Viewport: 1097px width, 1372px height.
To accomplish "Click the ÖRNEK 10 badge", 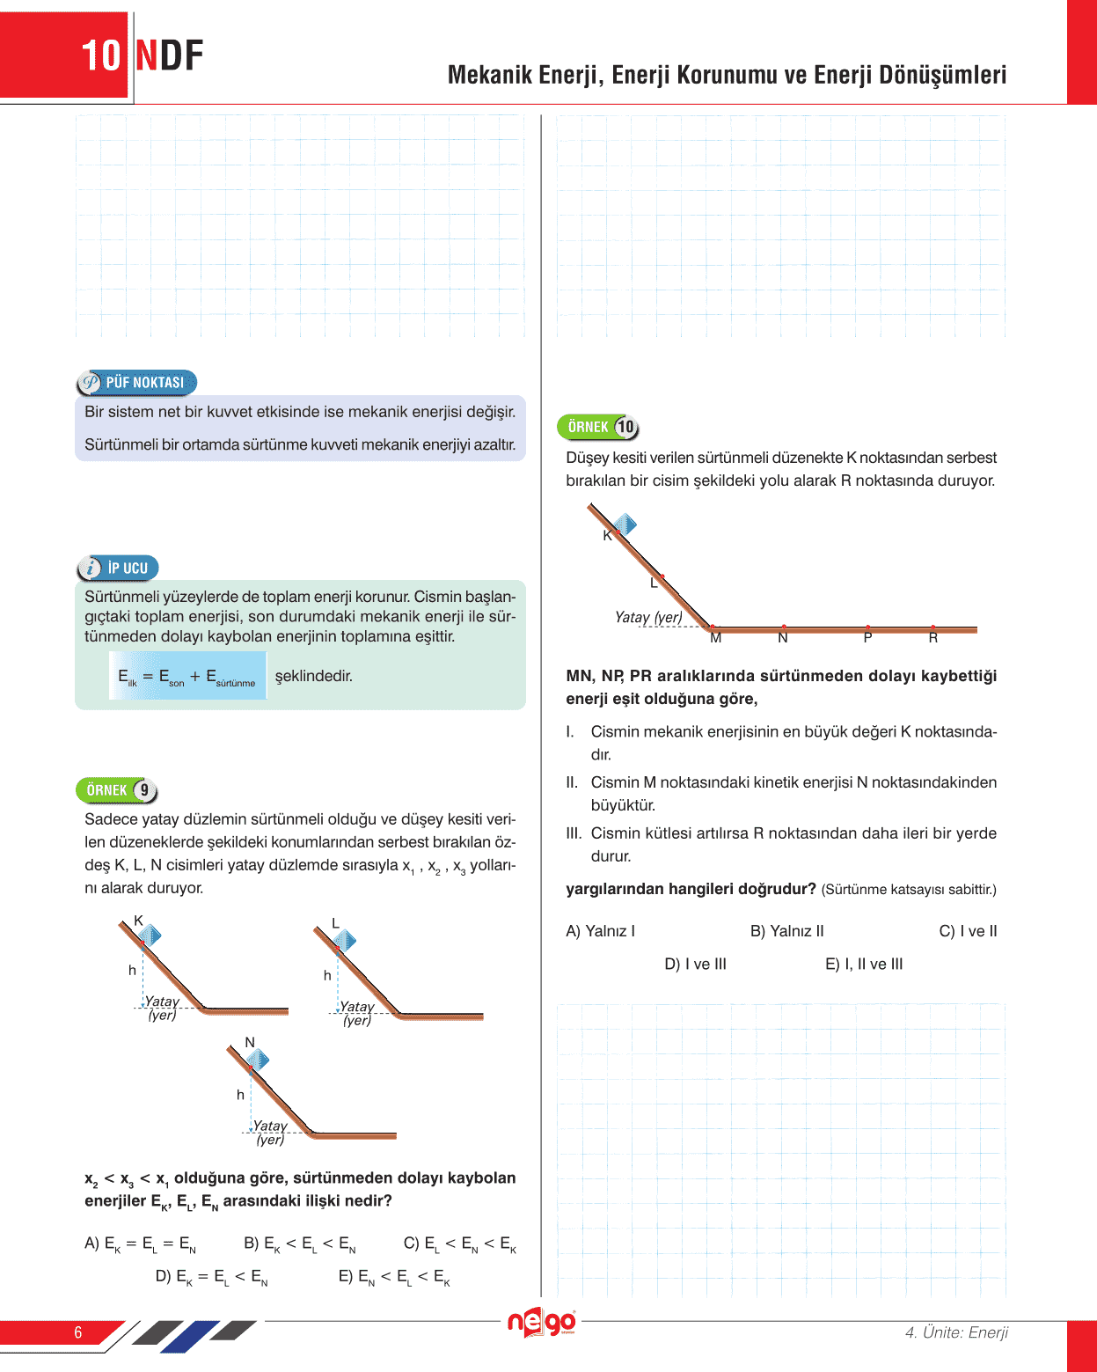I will click(597, 427).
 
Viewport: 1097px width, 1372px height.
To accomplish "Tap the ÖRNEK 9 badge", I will click(117, 790).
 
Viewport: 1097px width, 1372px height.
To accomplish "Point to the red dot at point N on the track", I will click(783, 627).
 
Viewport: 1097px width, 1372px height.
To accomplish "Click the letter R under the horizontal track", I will click(933, 638).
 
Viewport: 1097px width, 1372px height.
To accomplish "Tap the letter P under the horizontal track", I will click(867, 638).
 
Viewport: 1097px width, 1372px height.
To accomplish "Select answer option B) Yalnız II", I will click(786, 931).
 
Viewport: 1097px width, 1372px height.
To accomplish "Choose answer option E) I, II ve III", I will click(864, 964).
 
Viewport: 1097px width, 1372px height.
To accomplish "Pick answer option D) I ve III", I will click(695, 964).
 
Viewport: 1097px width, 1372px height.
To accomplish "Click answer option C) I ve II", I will click(968, 931).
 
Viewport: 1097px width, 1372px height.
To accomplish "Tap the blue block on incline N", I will click(258, 1060).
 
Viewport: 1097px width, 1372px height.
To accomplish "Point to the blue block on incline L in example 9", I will click(345, 941).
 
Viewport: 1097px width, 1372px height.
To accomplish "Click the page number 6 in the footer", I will click(77, 1332).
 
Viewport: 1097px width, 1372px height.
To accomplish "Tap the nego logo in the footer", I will click(542, 1323).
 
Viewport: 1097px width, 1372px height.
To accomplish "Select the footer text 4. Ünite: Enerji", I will click(956, 1332).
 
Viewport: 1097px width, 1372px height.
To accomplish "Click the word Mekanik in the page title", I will click(490, 75).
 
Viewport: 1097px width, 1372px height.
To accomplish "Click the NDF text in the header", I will click(170, 55).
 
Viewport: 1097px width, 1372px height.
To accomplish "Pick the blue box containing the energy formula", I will click(187, 676).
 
